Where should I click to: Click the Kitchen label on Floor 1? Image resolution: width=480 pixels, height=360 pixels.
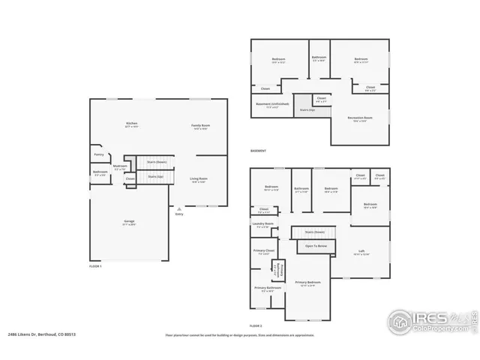(131, 124)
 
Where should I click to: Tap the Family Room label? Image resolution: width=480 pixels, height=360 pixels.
(199, 126)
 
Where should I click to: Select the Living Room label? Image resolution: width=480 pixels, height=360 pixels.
(199, 179)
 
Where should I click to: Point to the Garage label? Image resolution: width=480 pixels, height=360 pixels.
(129, 222)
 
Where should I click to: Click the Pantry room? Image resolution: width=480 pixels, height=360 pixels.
(98, 154)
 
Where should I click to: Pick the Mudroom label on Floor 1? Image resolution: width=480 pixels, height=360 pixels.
(120, 166)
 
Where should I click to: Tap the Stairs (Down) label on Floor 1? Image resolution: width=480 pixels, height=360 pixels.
(156, 161)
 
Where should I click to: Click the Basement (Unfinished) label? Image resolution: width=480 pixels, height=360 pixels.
(270, 104)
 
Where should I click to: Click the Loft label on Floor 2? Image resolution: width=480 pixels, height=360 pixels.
(361, 251)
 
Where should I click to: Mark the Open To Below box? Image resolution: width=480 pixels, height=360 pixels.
(316, 245)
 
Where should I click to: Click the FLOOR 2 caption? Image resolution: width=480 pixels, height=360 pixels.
(256, 325)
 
